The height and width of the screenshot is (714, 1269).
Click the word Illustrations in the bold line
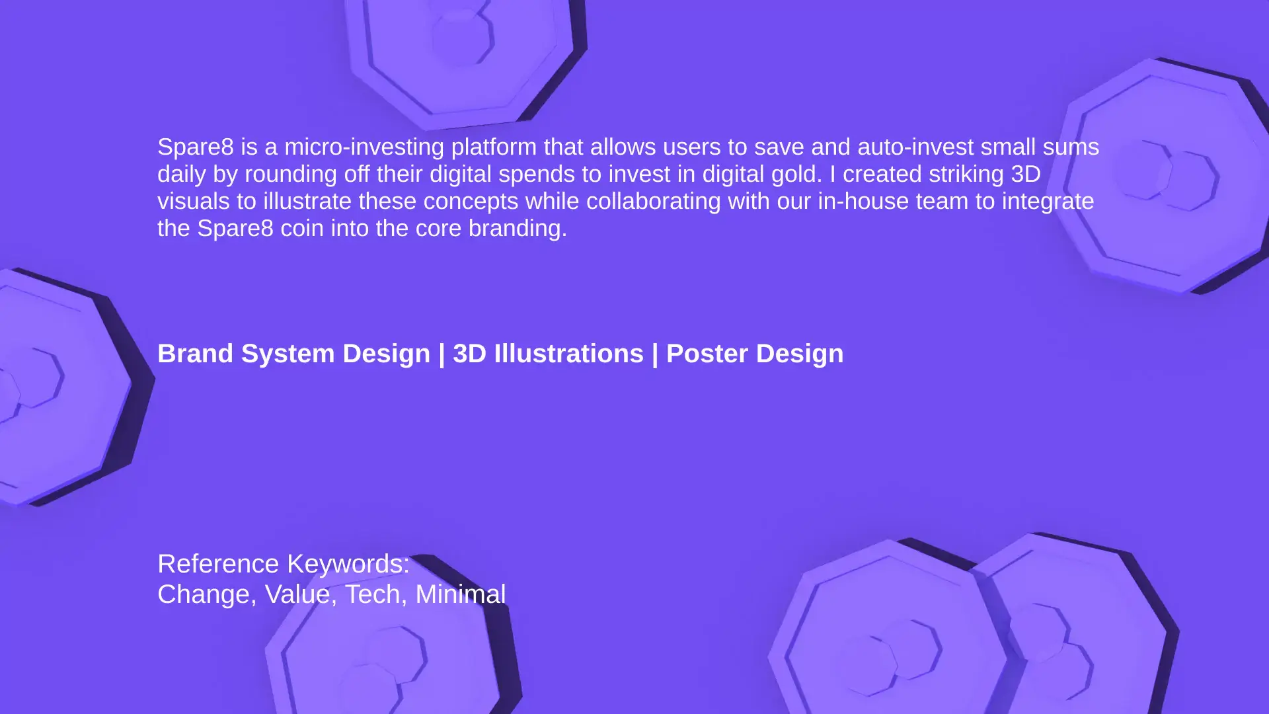568,354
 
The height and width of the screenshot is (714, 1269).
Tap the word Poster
707,354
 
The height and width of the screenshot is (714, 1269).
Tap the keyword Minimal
461,594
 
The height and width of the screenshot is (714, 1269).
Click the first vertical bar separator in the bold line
442,354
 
